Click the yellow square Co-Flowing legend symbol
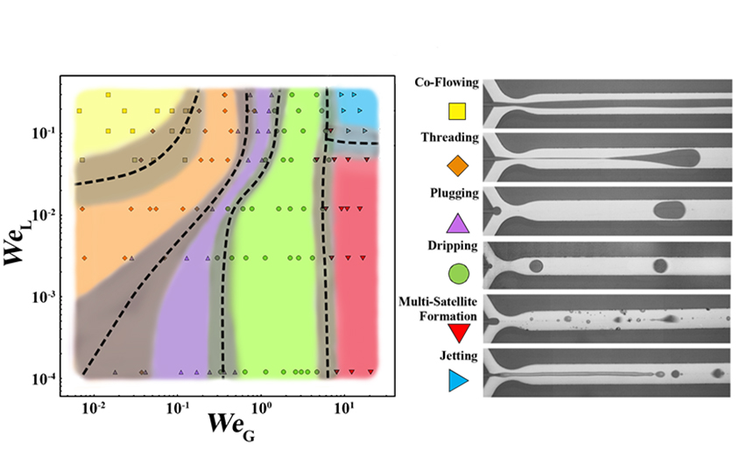tap(456, 111)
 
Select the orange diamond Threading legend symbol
tap(456, 166)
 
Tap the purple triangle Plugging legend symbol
tap(456, 221)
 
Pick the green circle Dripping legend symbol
tap(456, 274)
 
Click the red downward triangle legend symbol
tap(456, 332)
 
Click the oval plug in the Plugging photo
tap(671, 209)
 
